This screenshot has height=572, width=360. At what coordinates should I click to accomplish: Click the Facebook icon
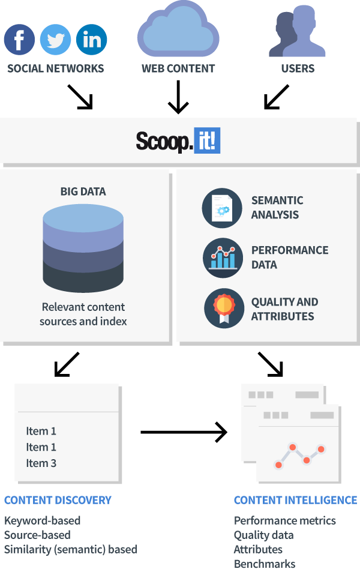pyautogui.click(x=19, y=40)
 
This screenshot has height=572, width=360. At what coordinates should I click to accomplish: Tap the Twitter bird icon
pyautogui.click(x=55, y=40)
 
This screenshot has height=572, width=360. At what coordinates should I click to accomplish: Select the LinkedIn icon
pyautogui.click(x=92, y=40)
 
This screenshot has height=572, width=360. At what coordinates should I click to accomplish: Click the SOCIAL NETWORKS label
pyautogui.click(x=55, y=68)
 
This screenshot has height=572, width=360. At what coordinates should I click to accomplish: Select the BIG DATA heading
pyautogui.click(x=83, y=192)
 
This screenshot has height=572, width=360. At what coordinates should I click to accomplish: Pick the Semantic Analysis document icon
pyautogui.click(x=223, y=208)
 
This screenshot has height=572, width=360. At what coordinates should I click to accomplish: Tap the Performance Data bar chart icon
pyautogui.click(x=223, y=257)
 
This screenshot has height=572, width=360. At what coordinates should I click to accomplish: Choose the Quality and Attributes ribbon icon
pyautogui.click(x=223, y=308)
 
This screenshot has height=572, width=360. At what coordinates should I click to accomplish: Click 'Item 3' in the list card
pyautogui.click(x=41, y=463)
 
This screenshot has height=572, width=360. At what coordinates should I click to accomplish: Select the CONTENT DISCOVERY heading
pyautogui.click(x=58, y=500)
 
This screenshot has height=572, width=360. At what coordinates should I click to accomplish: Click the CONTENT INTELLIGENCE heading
pyautogui.click(x=295, y=500)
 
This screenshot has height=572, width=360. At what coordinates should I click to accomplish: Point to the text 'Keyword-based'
pyautogui.click(x=42, y=520)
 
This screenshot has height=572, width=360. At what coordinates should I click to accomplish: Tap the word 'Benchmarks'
pyautogui.click(x=265, y=564)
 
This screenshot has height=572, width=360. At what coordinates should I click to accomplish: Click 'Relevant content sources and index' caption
pyautogui.click(x=83, y=314)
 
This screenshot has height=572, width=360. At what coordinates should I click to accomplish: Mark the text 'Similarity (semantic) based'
pyautogui.click(x=71, y=549)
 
